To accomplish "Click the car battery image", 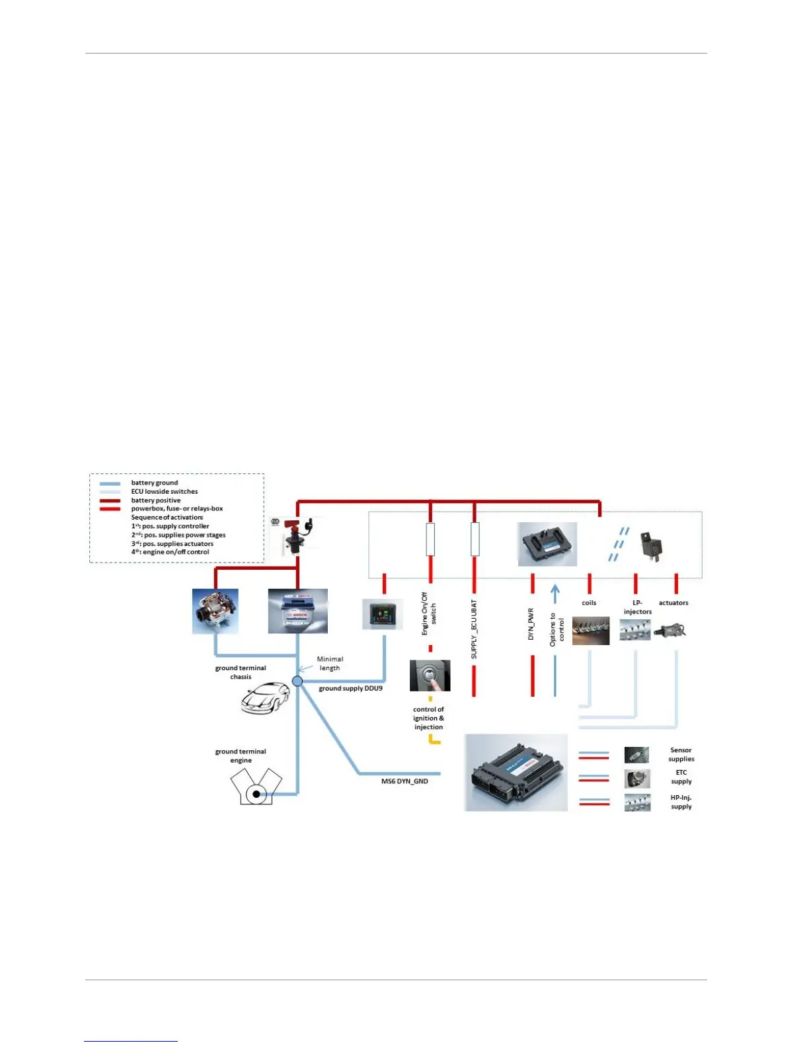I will pos(297,611).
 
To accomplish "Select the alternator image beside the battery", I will pos(215,611).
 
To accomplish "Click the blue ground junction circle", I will pos(297,681).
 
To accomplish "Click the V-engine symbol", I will pos(256,788).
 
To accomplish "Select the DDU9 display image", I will pos(382,615).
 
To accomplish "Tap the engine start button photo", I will pos(430,676).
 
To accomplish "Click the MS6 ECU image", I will pos(516,773).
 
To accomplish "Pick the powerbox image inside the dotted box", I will pos(547,544).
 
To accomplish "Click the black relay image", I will pos(652,547).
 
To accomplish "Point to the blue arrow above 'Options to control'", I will pos(555,593).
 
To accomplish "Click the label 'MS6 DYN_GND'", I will pos(404,781).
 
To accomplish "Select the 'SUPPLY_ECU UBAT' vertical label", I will pos(474,629).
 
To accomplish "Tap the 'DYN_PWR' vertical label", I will pos(531,624).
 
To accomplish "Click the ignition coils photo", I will pos(590,631).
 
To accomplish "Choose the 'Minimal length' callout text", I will pos(330,664).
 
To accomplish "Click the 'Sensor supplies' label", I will pos(681,754).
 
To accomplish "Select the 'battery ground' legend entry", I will pos(154,483).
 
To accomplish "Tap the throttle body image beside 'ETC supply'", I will pos(637,779).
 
